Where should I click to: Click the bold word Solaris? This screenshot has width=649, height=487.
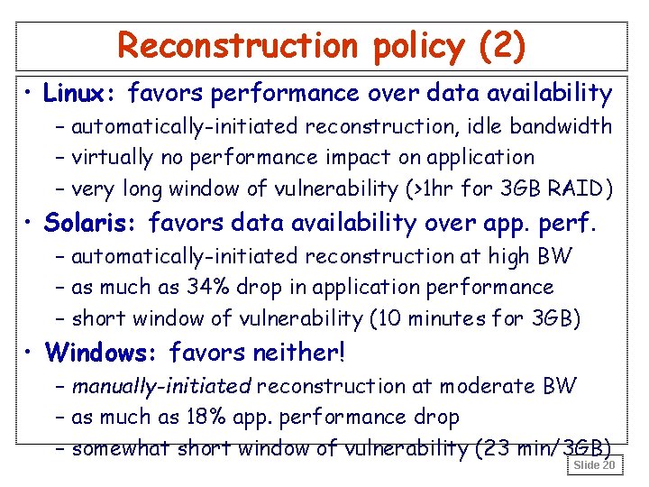click(92, 222)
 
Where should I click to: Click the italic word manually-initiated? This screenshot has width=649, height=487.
click(162, 387)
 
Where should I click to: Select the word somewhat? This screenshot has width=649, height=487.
click(122, 449)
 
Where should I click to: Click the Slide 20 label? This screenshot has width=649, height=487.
click(594, 465)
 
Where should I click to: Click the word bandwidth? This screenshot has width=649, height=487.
click(571, 126)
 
